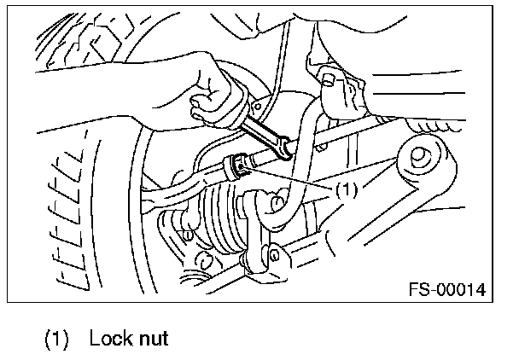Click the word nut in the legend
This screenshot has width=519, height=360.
click(x=150, y=339)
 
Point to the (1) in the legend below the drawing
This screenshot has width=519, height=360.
click(x=58, y=339)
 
